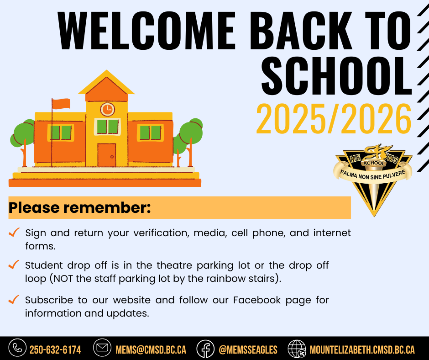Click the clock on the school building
[107, 109]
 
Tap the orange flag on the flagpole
[61, 104]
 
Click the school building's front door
[107, 155]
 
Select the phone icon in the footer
[17, 348]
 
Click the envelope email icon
[102, 348]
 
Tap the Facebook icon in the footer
[205, 349]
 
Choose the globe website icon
[297, 349]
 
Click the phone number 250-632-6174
[55, 350]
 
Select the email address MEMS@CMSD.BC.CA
[151, 350]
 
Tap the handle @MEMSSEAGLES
[248, 350]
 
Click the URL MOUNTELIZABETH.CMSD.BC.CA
[362, 350]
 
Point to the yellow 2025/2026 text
[334, 119]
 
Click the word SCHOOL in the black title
[336, 76]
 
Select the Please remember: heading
[79, 208]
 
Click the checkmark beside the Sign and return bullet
[14, 232]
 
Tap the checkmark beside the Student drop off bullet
[14, 265]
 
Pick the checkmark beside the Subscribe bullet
[14, 299]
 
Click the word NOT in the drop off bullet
[63, 279]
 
